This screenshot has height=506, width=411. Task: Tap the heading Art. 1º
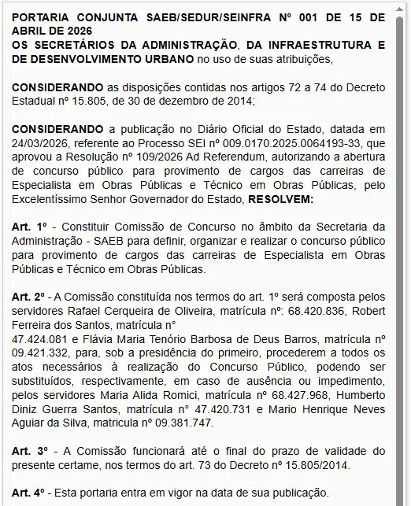click(x=30, y=227)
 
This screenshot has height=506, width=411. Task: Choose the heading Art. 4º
click(x=30, y=493)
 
